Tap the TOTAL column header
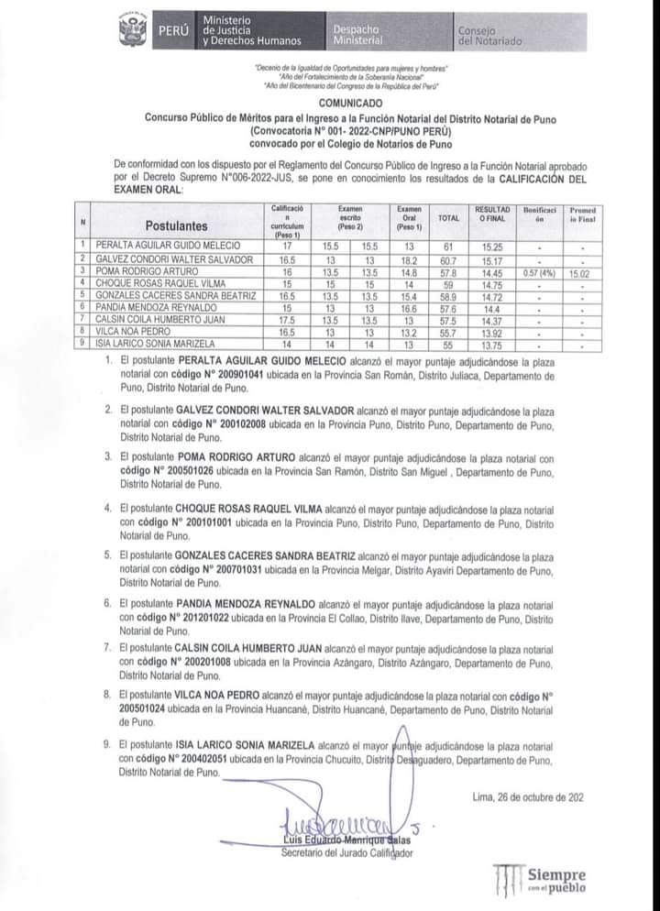[449, 218]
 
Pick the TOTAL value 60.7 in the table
[449, 258]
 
